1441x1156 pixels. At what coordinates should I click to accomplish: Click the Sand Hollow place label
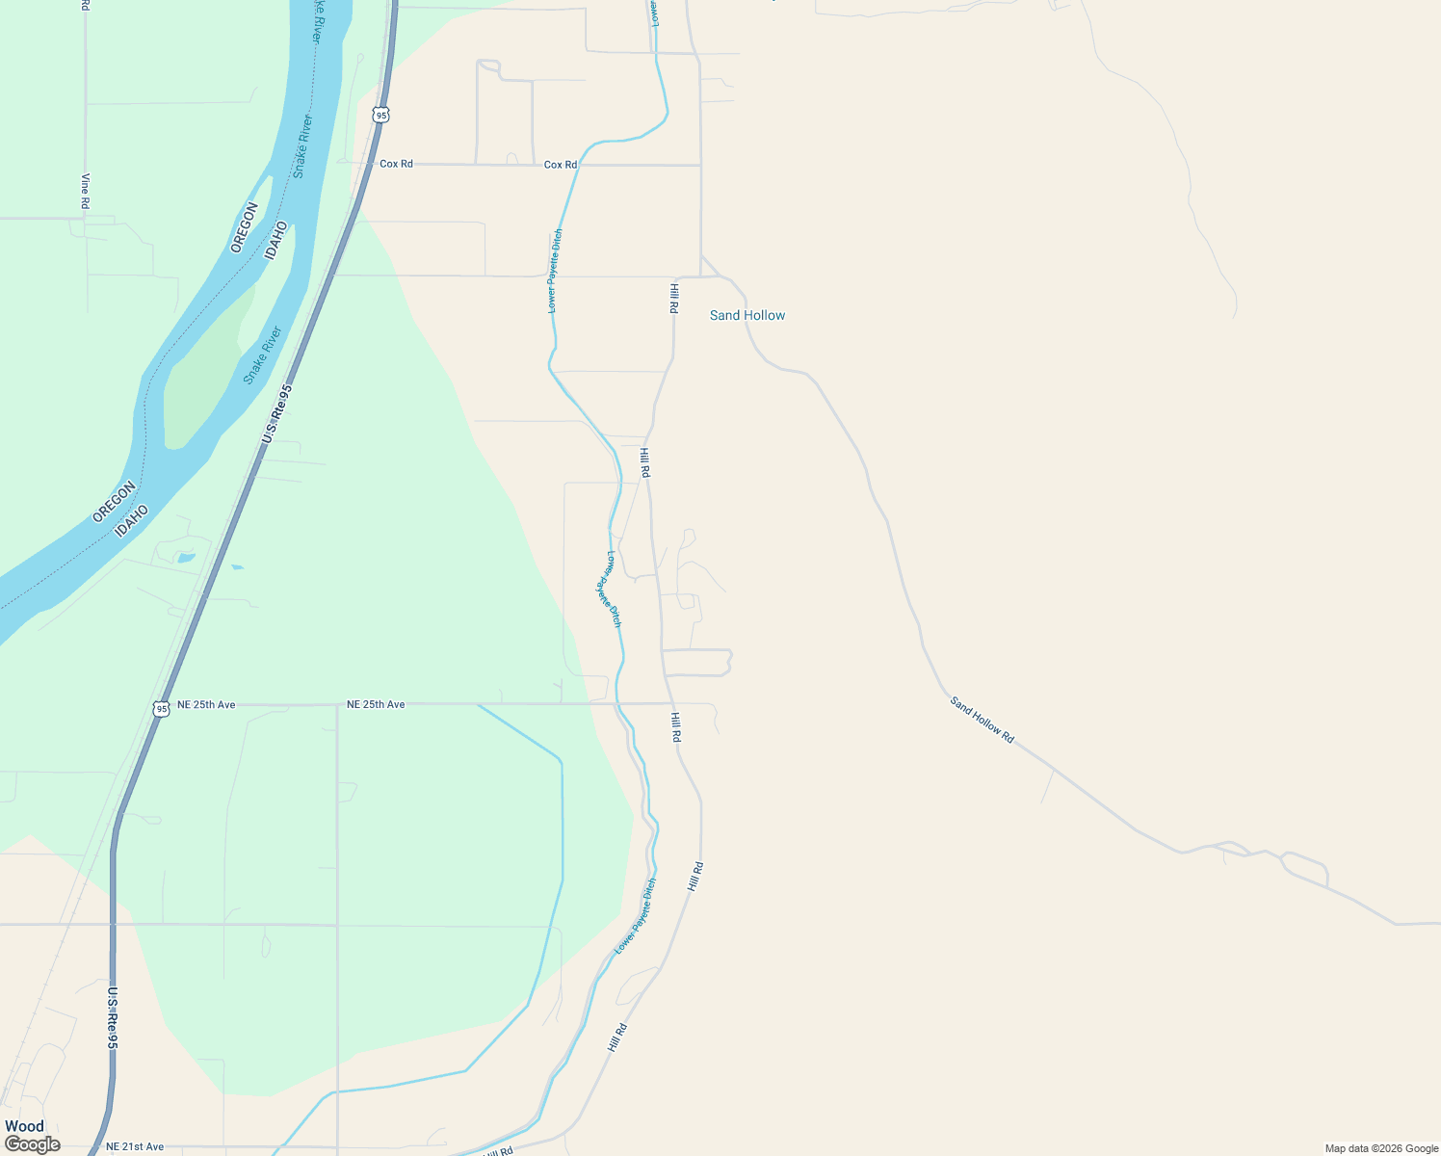747,315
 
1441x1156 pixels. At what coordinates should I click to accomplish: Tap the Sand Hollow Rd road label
982,719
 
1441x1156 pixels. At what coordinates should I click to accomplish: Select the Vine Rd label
85,191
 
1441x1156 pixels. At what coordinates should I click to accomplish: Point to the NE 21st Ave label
135,1146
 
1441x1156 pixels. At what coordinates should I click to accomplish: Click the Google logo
33,1144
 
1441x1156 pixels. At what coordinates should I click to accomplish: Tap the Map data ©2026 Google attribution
1381,1148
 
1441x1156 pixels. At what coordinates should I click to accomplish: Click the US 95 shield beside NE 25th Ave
161,709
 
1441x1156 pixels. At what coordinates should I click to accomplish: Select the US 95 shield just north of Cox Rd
381,115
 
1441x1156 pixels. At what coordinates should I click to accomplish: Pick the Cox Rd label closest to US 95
396,164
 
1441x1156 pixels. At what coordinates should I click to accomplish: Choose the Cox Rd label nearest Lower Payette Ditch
561,165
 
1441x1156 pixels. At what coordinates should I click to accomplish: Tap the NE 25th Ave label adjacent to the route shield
206,704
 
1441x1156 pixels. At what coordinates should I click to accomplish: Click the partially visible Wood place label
24,1126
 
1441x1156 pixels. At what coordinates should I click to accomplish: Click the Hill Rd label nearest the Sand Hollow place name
674,298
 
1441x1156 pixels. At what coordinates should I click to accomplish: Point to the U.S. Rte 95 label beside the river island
276,414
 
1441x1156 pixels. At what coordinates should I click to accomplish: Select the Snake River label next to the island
262,355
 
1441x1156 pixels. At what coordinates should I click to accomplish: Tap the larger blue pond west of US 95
186,558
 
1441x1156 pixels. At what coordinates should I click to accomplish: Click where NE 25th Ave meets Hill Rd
669,704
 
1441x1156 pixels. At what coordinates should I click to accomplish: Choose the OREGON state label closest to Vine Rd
245,227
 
